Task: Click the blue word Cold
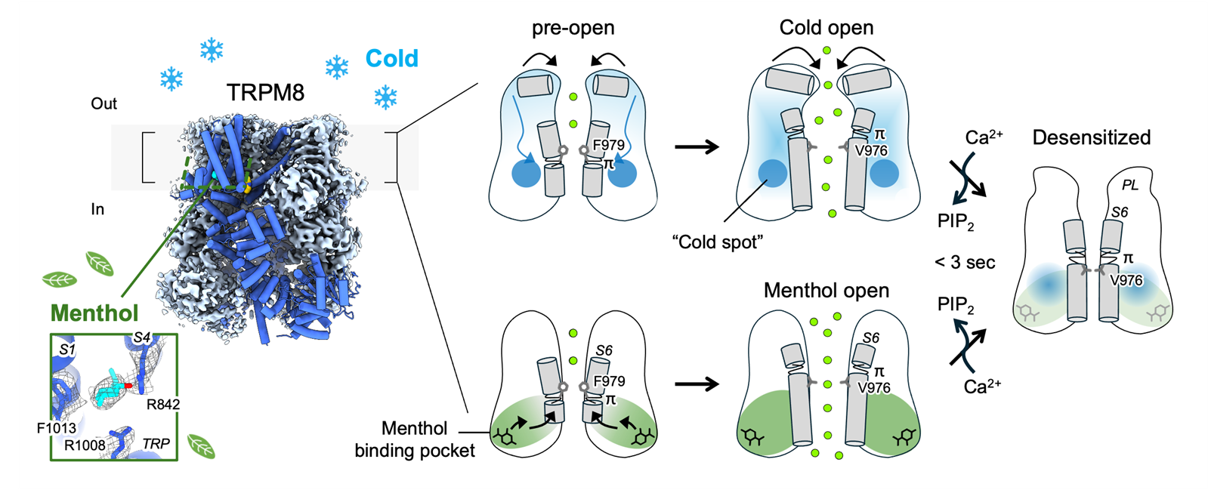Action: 391,58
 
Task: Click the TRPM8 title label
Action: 265,93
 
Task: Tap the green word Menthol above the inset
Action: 94,313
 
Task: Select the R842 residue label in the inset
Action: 163,404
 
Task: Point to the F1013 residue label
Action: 57,428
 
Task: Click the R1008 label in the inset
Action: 85,445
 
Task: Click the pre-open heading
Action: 573,28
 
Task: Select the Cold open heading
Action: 826,28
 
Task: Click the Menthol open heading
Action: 826,291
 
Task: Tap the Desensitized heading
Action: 1091,137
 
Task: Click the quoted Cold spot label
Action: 717,242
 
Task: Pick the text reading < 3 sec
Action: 965,262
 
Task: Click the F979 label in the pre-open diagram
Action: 608,145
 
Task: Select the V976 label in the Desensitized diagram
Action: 1126,280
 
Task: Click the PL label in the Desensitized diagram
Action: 1129,185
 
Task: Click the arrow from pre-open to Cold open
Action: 696,147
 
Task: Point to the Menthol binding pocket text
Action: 415,439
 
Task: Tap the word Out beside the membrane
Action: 103,103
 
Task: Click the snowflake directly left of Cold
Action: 336,67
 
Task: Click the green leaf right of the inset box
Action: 201,446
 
